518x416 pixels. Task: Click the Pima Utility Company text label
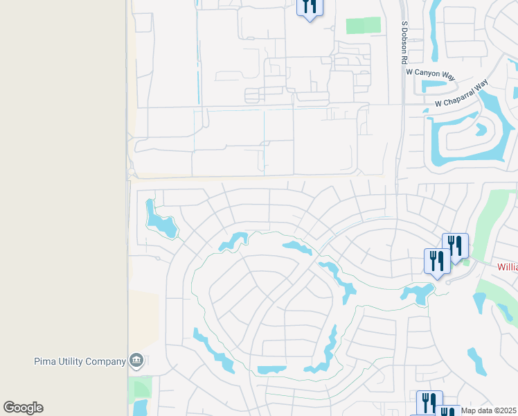pos(80,361)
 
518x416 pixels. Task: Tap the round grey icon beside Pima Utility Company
pos(136,360)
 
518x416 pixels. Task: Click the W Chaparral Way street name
pos(461,94)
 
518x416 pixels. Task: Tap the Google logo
pos(23,408)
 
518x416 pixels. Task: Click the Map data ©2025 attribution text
pos(488,410)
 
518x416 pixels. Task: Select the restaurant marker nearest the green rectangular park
pos(309,8)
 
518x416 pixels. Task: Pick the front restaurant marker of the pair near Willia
pos(436,261)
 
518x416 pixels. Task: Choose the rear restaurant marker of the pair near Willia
pos(456,245)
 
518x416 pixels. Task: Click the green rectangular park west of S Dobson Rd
pos(364,26)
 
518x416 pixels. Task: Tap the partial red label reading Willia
pos(508,266)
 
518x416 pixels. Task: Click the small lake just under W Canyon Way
pos(435,87)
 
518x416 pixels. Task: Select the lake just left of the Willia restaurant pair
pos(417,294)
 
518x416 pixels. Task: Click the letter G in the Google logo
pos(9,408)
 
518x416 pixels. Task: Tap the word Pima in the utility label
pos(44,361)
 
